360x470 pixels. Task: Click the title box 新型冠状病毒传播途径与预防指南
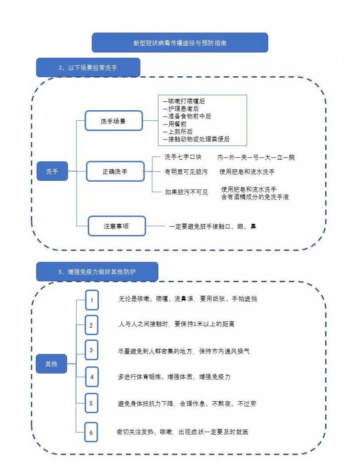click(x=180, y=43)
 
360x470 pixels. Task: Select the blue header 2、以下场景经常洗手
click(x=88, y=67)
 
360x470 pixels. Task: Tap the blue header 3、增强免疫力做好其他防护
click(x=97, y=272)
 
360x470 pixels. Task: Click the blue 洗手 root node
click(x=52, y=172)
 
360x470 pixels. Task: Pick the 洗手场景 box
click(x=113, y=122)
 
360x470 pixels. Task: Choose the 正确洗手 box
click(x=115, y=172)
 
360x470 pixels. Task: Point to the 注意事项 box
click(x=117, y=226)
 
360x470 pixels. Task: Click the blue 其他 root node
click(x=51, y=364)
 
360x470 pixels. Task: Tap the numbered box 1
click(x=91, y=300)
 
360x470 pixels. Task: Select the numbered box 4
click(x=91, y=377)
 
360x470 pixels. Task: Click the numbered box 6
click(x=91, y=432)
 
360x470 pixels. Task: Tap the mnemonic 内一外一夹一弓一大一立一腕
click(x=256, y=157)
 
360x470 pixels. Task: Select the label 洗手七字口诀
click(x=183, y=157)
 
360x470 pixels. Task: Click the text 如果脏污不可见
click(x=186, y=192)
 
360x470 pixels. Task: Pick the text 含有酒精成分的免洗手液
click(x=255, y=197)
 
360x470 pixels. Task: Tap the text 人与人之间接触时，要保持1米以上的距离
click(x=176, y=324)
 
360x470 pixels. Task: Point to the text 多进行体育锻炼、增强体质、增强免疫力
click(x=174, y=377)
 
